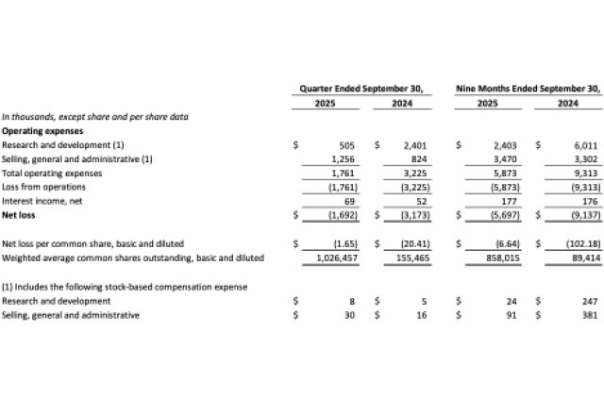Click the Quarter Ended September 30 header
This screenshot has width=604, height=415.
(361, 88)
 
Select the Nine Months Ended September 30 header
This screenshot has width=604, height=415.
(528, 88)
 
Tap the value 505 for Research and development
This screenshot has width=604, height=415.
(345, 146)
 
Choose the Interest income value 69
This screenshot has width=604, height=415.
(348, 201)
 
